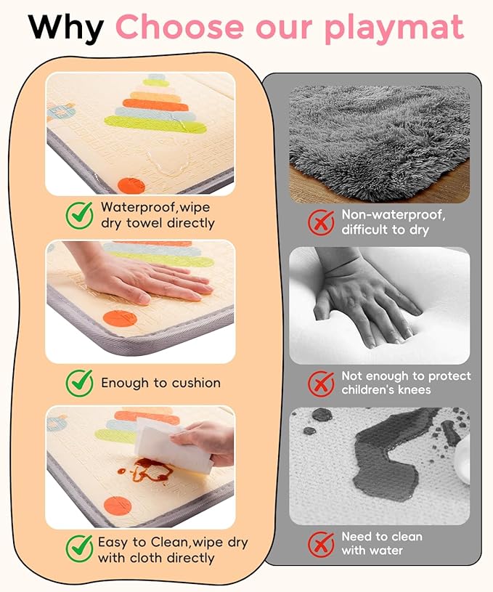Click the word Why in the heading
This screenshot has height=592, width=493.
pos(65,27)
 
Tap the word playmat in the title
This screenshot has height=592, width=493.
pos(394,28)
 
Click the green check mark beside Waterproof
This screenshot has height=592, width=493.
pos(80,215)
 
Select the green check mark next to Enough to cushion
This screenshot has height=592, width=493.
pos(80,383)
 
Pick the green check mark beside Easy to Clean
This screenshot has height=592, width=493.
pos(80,548)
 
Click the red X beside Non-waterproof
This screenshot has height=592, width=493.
pos(321,222)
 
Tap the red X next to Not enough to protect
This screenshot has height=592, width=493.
pos(321,383)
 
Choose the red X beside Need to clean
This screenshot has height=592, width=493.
pos(321,544)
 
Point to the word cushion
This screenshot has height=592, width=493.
pos(196,383)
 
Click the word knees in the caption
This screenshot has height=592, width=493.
pos(414,389)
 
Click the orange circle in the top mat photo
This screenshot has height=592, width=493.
pos(131,186)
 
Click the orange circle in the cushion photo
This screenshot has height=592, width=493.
pos(120,319)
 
